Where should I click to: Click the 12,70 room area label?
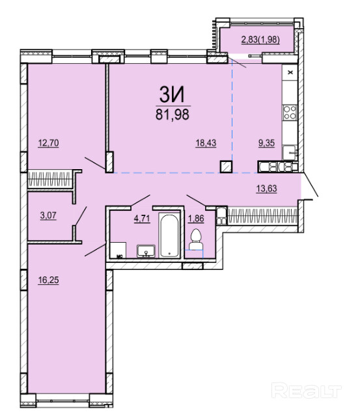(x=48, y=143)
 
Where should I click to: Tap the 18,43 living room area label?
(x=206, y=143)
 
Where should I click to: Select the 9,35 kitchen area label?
(x=266, y=143)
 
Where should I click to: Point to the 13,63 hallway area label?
(x=266, y=189)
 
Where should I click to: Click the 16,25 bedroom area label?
(x=48, y=280)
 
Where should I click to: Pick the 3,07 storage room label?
(x=48, y=215)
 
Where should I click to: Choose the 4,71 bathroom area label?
(x=142, y=219)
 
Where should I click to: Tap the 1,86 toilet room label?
(x=196, y=219)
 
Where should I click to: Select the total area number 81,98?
(x=173, y=114)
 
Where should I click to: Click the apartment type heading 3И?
(x=172, y=95)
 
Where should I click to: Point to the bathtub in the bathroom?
(x=169, y=235)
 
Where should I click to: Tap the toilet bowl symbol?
(x=196, y=239)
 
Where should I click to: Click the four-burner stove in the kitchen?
(x=290, y=113)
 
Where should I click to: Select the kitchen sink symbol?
(x=290, y=152)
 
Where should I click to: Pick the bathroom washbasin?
(x=146, y=251)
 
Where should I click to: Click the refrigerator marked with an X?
(x=290, y=72)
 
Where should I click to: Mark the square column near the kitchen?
(x=226, y=167)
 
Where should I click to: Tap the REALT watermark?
(x=307, y=390)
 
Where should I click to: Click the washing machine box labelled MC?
(x=118, y=250)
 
